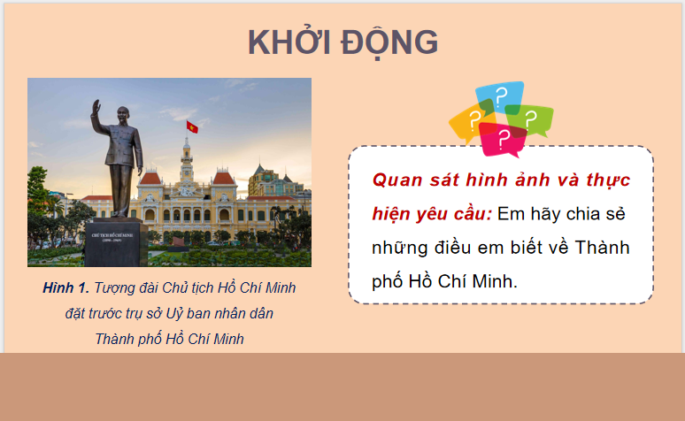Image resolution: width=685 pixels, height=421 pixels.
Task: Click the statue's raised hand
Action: [x=94, y=107]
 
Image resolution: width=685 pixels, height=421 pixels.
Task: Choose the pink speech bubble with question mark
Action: [x=504, y=137]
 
